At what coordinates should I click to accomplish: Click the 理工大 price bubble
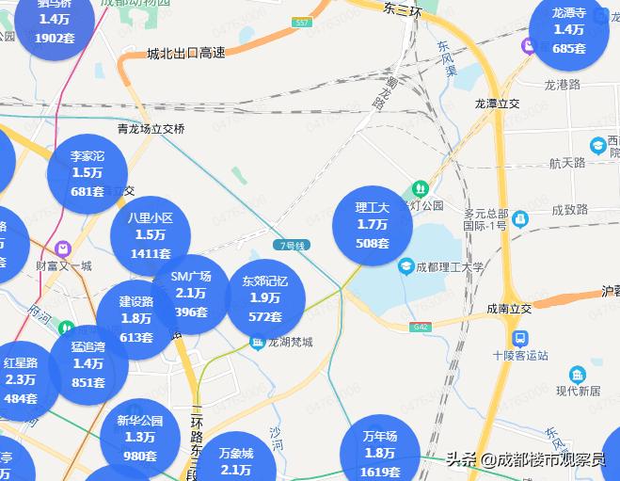pyautogui.click(x=373, y=225)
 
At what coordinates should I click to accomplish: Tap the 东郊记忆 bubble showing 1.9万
pyautogui.click(x=265, y=297)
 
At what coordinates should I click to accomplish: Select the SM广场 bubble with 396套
pyautogui.click(x=191, y=294)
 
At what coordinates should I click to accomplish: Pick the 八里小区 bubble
pyautogui.click(x=151, y=234)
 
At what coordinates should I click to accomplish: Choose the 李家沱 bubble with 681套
pyautogui.click(x=87, y=173)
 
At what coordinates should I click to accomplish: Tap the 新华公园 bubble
pyautogui.click(x=140, y=438)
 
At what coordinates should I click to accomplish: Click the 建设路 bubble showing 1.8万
pyautogui.click(x=136, y=319)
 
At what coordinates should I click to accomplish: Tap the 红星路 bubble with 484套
pyautogui.click(x=21, y=379)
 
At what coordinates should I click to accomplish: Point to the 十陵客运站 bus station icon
pyautogui.click(x=518, y=338)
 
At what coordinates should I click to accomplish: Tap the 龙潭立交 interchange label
pyautogui.click(x=497, y=103)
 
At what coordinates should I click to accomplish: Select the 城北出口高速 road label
pyautogui.click(x=186, y=53)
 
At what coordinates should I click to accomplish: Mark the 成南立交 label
pyautogui.click(x=509, y=308)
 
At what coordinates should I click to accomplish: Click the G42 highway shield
pyautogui.click(x=420, y=327)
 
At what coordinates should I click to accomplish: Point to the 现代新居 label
pyautogui.click(x=578, y=391)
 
